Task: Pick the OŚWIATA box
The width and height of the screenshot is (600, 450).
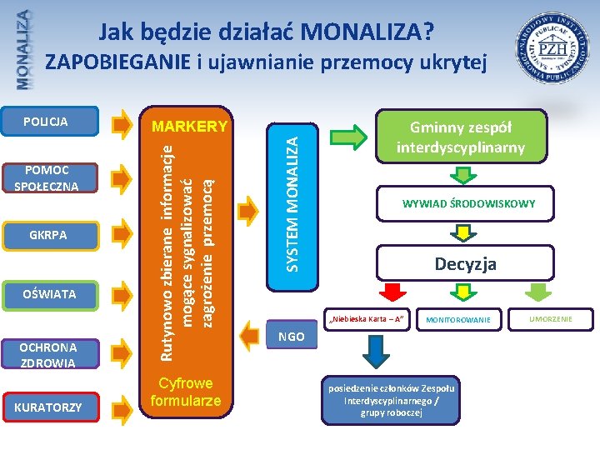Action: click(x=50, y=293)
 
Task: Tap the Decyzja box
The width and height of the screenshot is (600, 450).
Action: click(x=465, y=263)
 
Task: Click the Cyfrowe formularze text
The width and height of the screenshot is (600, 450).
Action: click(x=186, y=392)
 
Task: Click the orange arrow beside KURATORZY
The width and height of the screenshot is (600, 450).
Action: click(x=122, y=407)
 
